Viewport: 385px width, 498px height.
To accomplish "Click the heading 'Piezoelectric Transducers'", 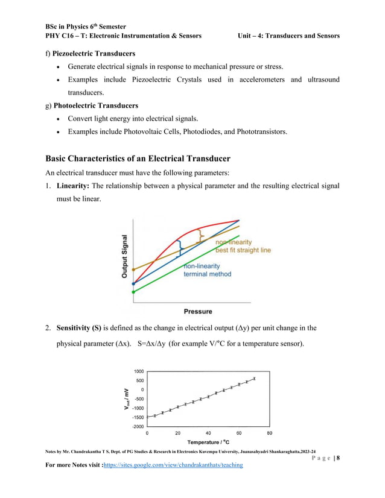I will [94, 54].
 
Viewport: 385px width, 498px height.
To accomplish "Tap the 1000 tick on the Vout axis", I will [139, 371].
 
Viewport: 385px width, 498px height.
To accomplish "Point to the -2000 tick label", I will [138, 426].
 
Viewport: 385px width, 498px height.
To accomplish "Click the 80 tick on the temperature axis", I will [270, 433].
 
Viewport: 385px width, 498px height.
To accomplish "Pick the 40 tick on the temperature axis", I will [209, 433].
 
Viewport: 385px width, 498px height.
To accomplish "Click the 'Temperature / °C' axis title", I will [209, 443].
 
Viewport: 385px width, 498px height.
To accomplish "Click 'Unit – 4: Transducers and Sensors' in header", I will [289, 36].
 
